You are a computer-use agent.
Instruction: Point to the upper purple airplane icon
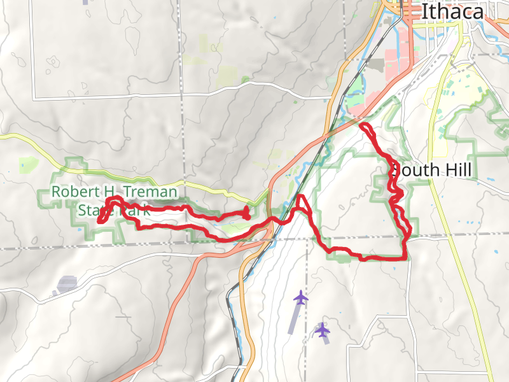coord(301,297)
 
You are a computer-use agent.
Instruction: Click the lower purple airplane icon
coord(323,330)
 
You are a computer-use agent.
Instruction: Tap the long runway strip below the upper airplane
coord(293,318)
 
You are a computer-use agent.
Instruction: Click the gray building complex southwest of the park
coord(67,284)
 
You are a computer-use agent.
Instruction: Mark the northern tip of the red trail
coord(363,125)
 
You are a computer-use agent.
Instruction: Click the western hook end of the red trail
coord(100,222)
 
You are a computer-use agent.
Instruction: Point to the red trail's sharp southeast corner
coord(405,258)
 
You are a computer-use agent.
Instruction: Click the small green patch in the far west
coord(27,164)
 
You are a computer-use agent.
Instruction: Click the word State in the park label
coord(94,210)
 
